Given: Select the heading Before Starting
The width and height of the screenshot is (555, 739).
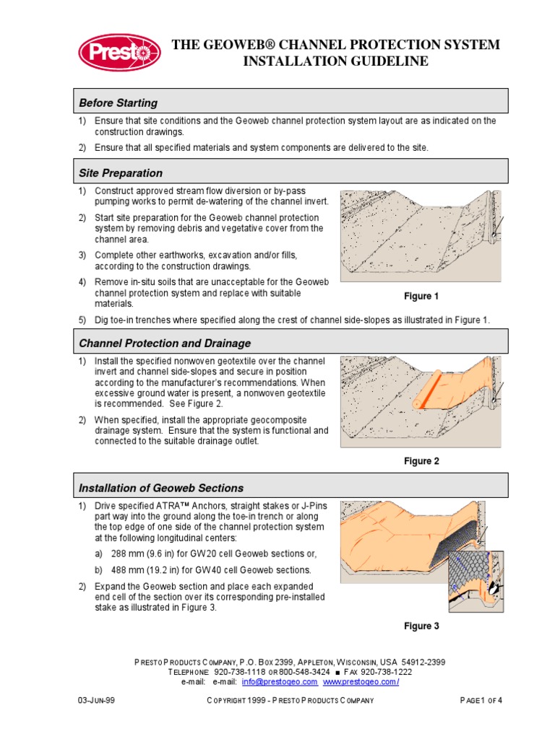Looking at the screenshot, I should coord(118,102).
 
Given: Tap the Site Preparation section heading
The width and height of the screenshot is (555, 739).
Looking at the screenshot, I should coord(121,173).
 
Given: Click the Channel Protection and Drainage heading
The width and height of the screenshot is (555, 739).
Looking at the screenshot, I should coord(165,343).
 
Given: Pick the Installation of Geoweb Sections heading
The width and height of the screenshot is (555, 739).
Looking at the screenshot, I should coord(161,488).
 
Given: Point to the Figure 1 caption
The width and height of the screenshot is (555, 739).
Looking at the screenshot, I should coord(421,296).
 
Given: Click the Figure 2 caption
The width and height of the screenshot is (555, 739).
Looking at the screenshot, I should coord(421,461).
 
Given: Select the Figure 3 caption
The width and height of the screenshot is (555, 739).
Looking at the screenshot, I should coord(421,626).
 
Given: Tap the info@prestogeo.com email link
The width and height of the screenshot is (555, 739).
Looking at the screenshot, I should coord(280,681).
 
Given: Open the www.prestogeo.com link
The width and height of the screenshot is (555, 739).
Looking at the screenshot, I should coord(361,681).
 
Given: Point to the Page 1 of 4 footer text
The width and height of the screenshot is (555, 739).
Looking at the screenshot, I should coord(481,701).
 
